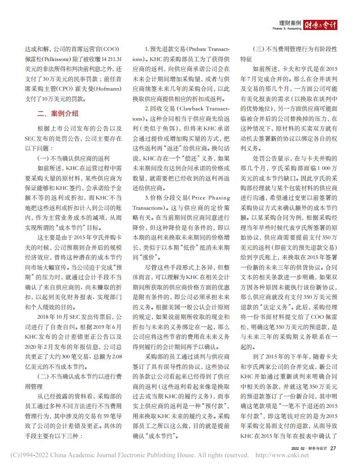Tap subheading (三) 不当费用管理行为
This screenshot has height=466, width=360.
(x=295, y=48)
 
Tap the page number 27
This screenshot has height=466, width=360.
(x=333, y=448)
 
